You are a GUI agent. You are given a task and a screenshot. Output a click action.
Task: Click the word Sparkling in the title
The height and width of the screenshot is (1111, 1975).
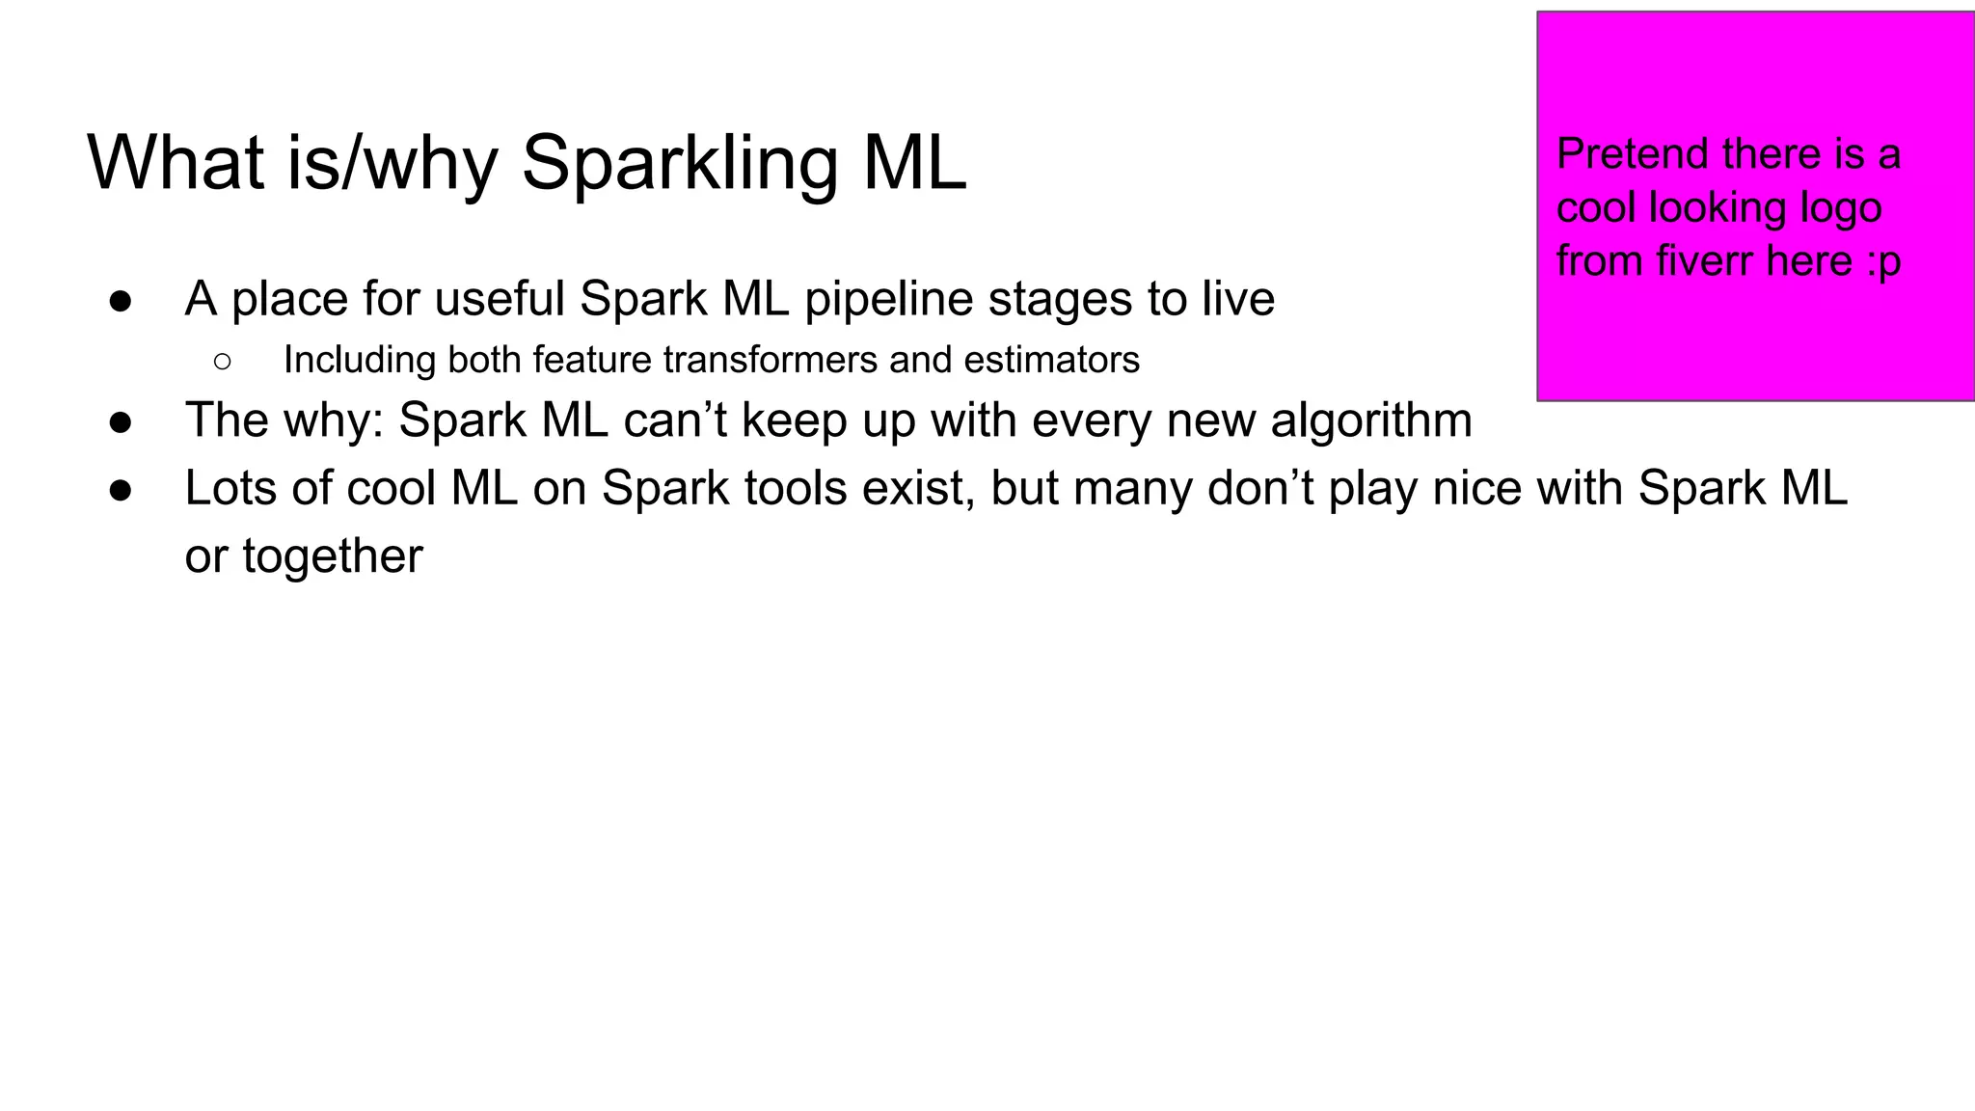680,164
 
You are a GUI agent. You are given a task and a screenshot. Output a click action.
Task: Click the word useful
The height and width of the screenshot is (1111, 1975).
500,299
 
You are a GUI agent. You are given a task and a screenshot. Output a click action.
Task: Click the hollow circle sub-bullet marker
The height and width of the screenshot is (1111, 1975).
222,362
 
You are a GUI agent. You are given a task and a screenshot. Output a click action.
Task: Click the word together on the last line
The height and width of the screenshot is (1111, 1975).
333,556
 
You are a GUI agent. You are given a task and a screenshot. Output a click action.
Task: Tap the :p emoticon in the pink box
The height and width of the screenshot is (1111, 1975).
1883,262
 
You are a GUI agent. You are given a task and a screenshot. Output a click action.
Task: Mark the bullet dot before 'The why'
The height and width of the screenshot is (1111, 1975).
121,422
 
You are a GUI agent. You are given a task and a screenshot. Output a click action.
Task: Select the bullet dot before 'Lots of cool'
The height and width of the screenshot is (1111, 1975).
121,490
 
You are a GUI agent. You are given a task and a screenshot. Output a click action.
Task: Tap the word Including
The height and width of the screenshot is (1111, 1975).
359,360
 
